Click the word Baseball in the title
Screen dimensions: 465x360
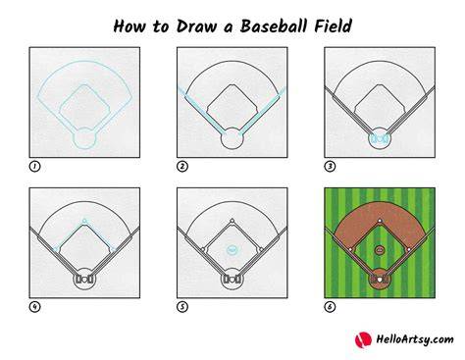point(274,26)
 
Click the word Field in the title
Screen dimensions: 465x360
point(333,26)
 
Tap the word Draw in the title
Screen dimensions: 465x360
point(196,26)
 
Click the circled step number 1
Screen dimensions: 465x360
point(34,167)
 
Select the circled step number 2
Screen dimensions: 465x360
point(182,167)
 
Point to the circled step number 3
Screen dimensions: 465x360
point(330,167)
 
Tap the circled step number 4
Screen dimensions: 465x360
point(34,307)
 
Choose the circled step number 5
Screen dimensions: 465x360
point(182,307)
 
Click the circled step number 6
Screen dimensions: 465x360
point(330,307)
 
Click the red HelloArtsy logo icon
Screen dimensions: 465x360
point(363,339)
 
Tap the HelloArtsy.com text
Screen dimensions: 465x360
point(415,339)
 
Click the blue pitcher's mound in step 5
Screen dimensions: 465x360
point(232,250)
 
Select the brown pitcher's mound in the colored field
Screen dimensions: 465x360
point(380,250)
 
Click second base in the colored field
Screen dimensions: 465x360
point(380,221)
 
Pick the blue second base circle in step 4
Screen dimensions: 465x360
point(84,221)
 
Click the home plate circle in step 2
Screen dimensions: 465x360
point(232,138)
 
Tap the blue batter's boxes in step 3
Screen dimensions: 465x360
point(380,139)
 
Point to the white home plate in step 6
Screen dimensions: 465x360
point(380,280)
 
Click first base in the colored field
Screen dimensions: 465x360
point(409,249)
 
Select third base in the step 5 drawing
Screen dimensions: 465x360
point(203,249)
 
